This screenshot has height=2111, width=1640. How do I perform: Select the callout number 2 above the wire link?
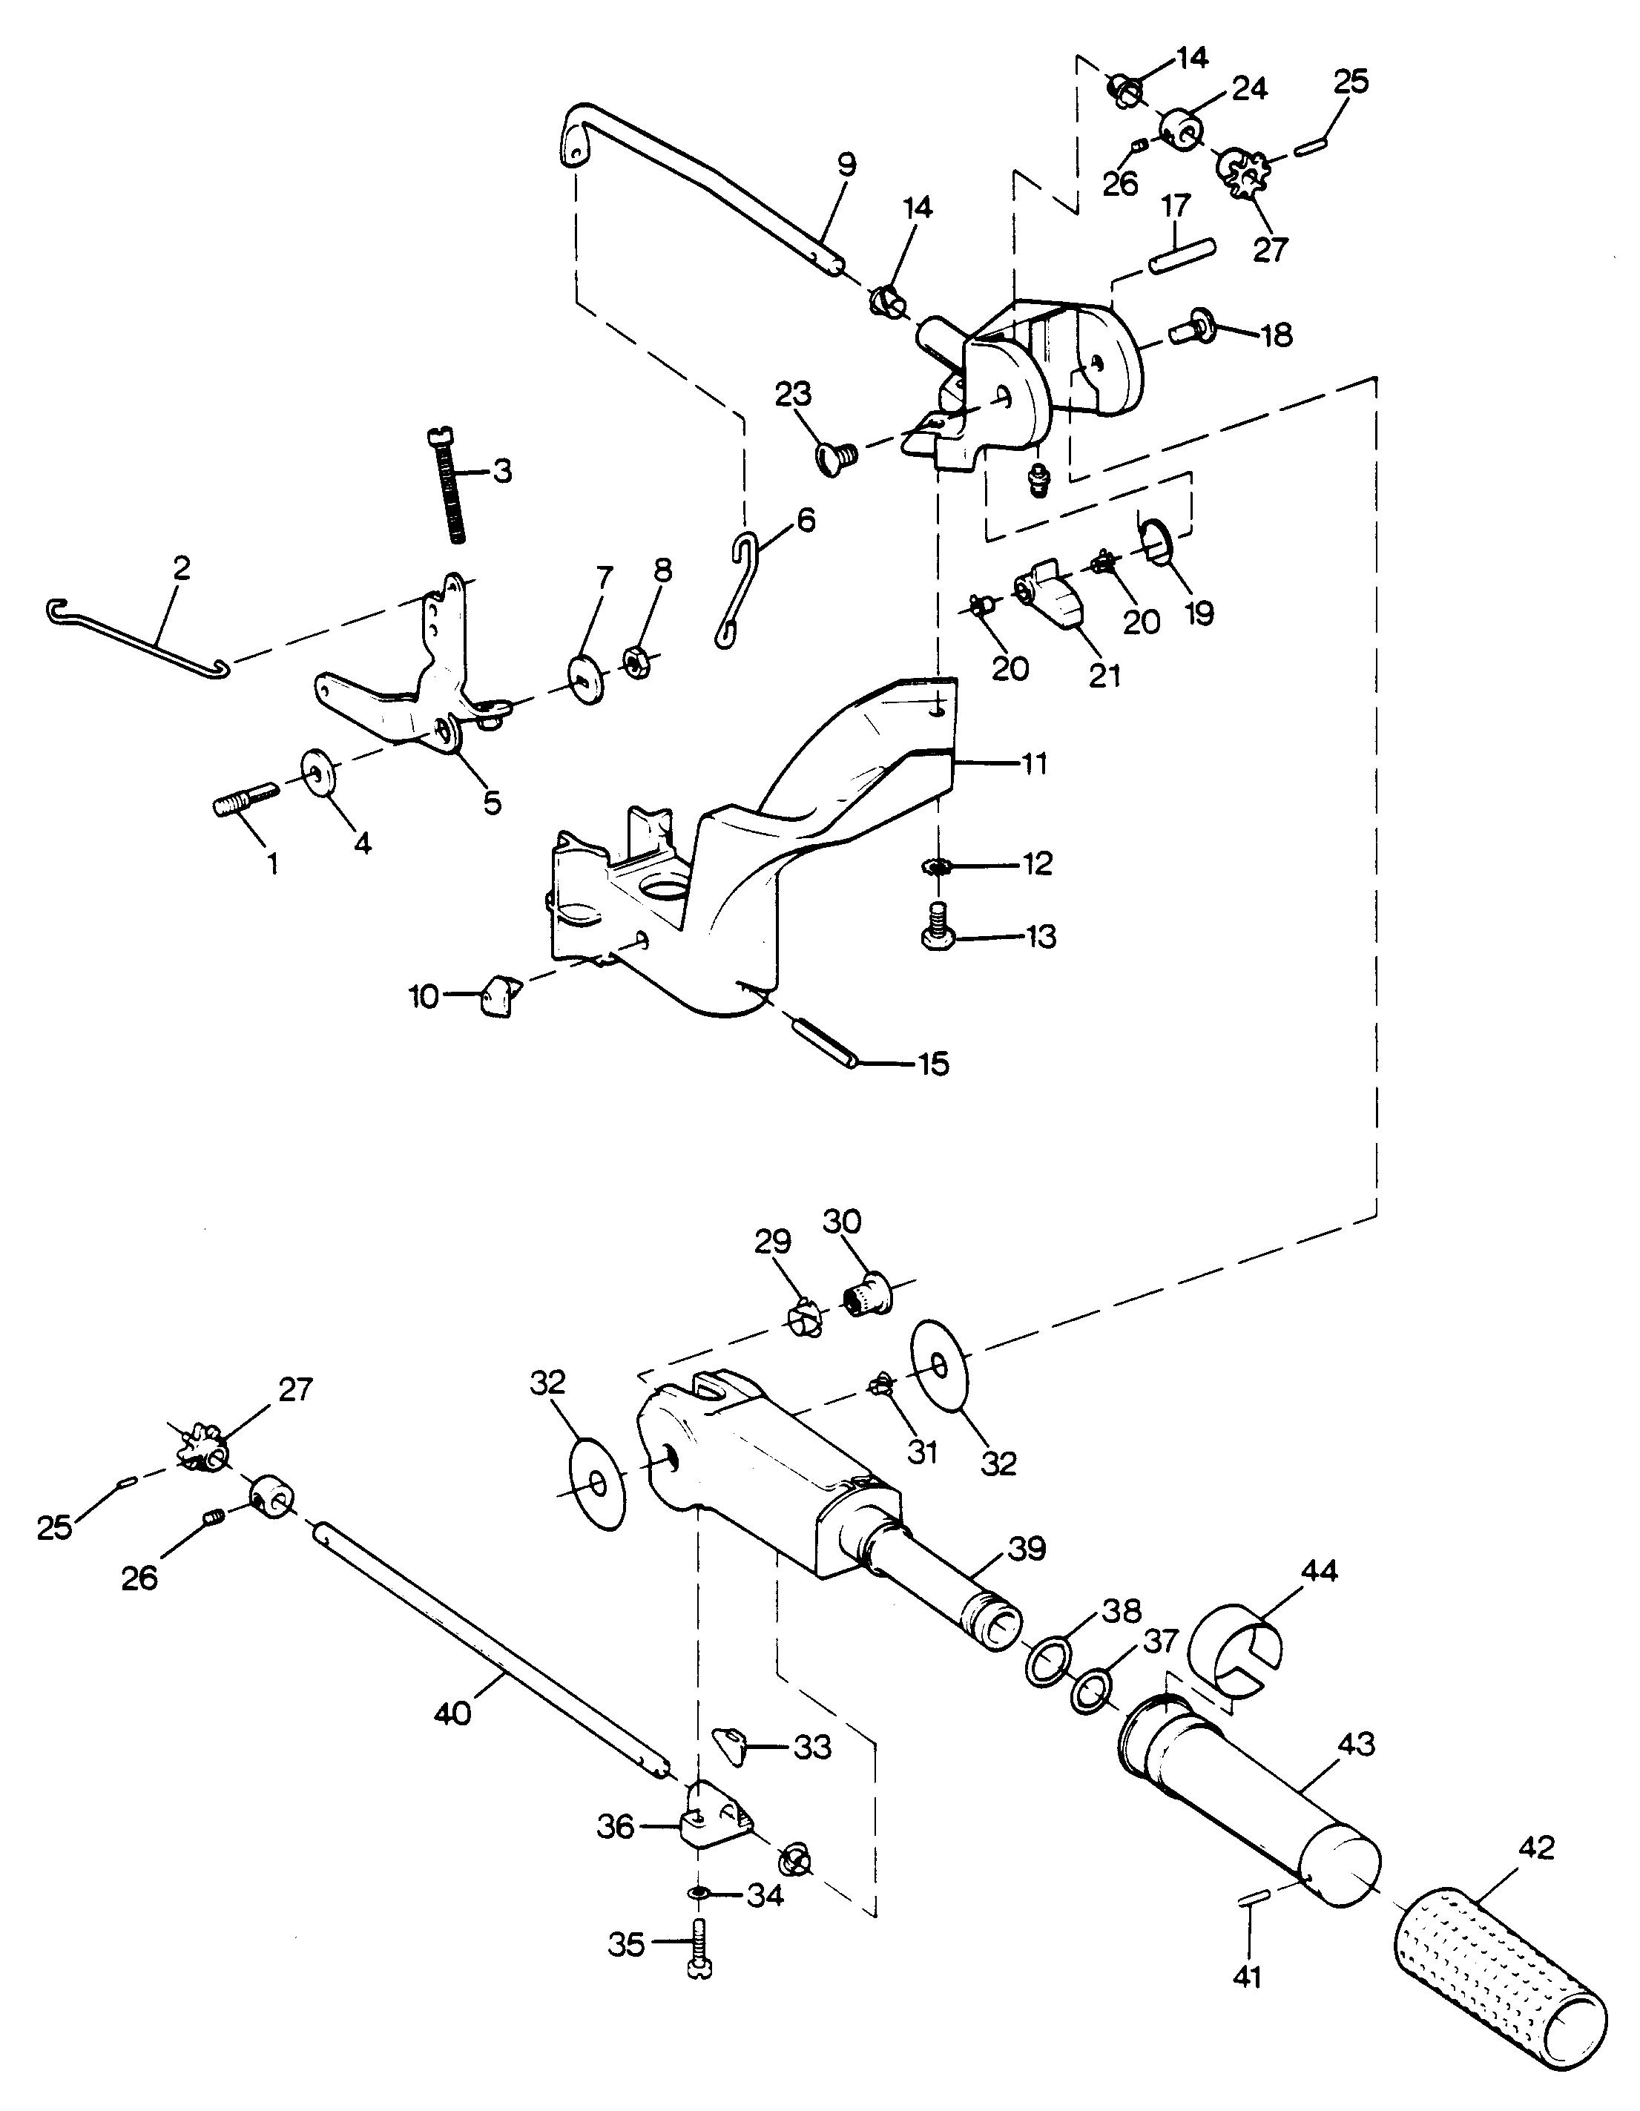(182, 567)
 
